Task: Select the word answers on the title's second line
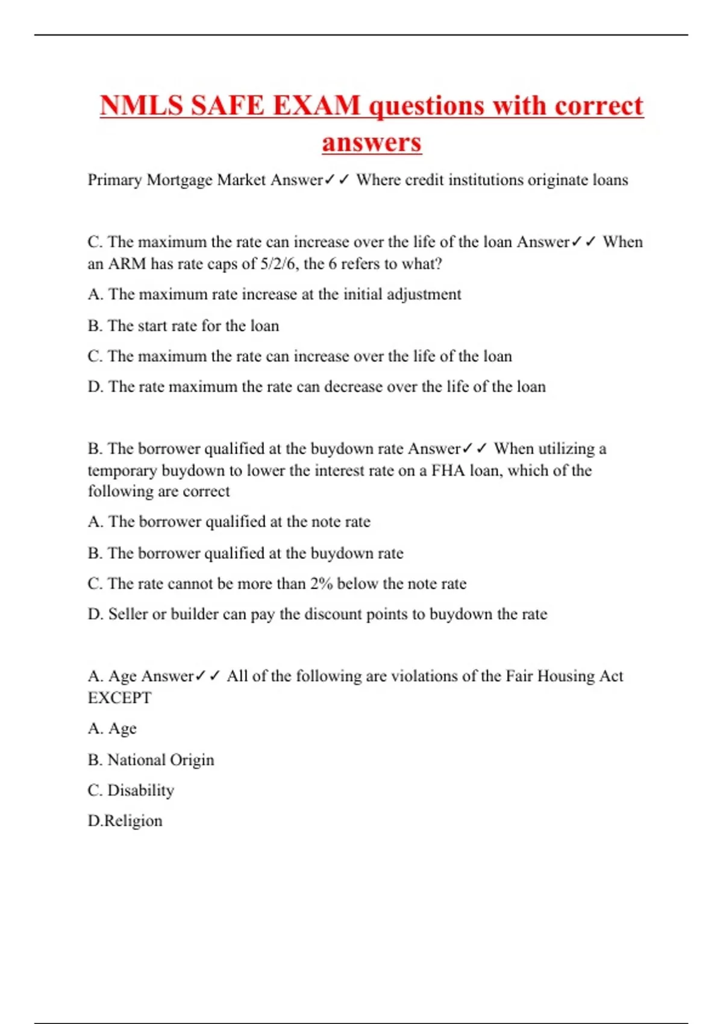coord(372,143)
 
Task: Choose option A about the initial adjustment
coord(274,295)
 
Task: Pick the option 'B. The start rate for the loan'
coord(183,326)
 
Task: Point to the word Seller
coord(128,614)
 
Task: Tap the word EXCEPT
coord(119,698)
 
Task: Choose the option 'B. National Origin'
coord(151,760)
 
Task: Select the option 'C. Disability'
coord(131,790)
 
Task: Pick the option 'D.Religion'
coord(125,821)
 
